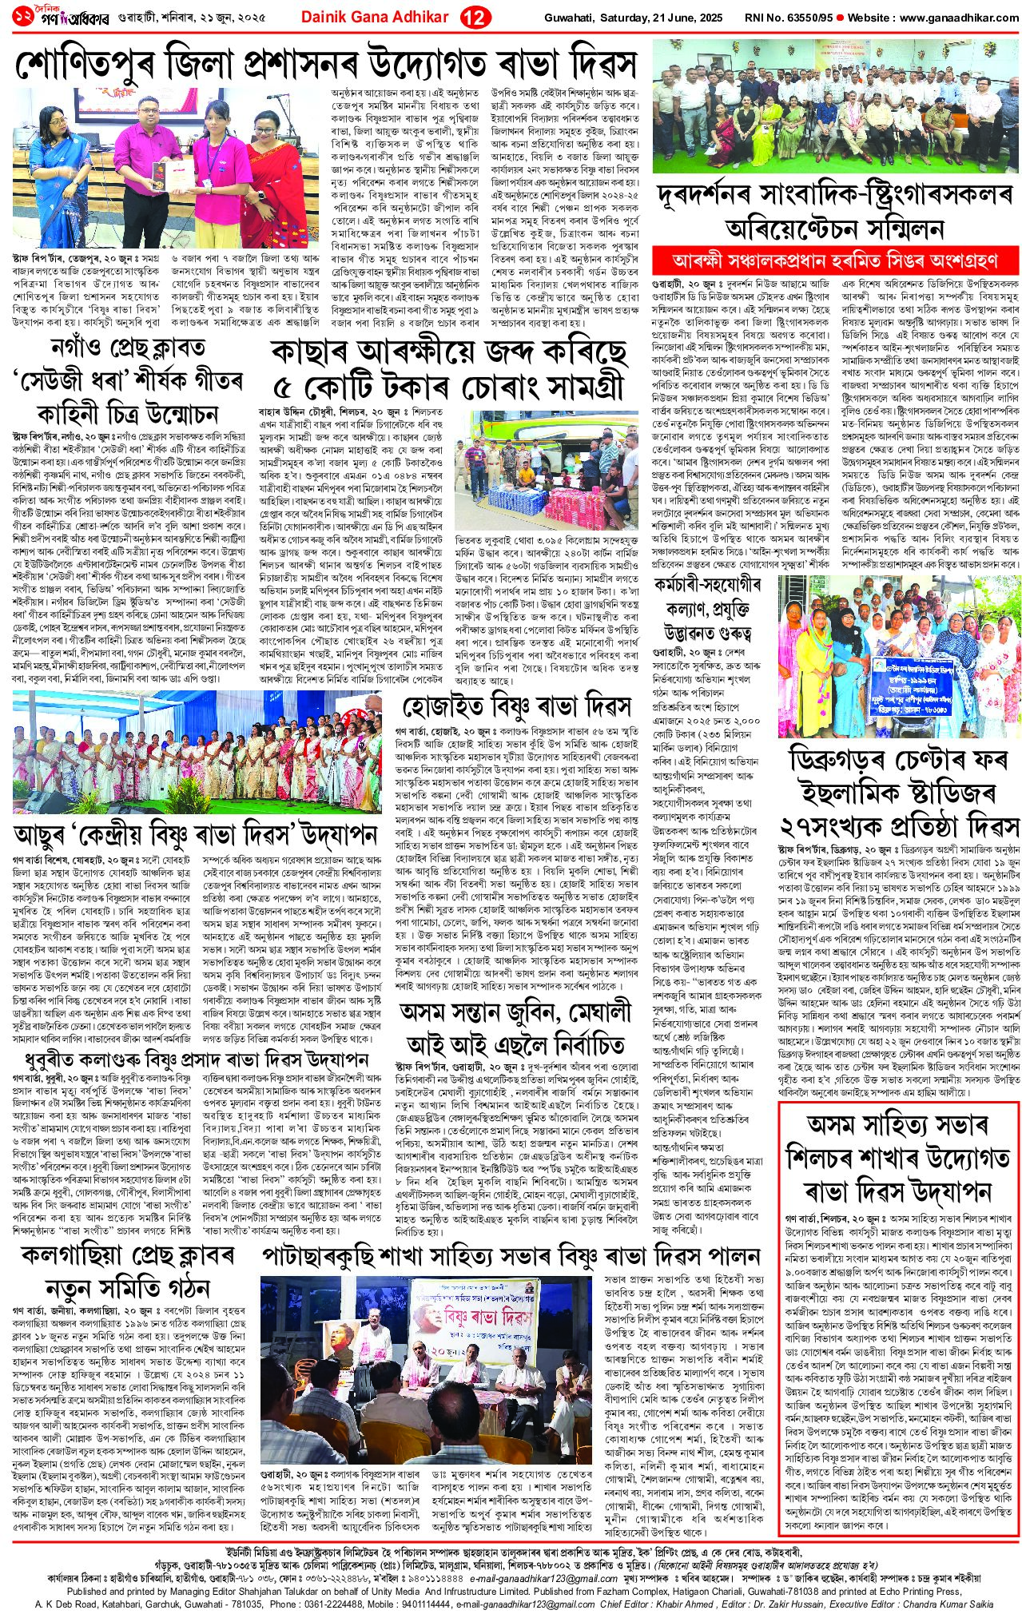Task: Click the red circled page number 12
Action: (x=476, y=19)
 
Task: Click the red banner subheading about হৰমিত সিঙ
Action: (x=836, y=260)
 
